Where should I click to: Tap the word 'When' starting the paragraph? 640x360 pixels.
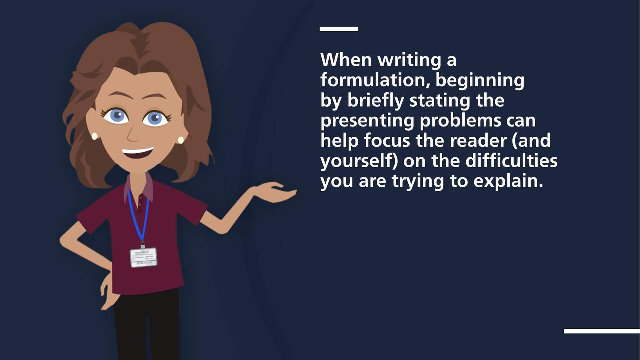click(x=346, y=60)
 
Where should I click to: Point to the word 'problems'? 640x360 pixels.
click(x=461, y=121)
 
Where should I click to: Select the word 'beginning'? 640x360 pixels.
click(x=480, y=81)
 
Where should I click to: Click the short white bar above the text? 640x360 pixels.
click(x=339, y=29)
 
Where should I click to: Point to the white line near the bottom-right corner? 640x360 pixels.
click(x=602, y=331)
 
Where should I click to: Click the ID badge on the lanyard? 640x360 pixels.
click(x=143, y=258)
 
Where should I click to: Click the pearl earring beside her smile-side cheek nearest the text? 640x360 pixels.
click(x=181, y=140)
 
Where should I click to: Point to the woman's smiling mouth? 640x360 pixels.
click(x=138, y=153)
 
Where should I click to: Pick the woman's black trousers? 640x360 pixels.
click(x=147, y=325)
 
